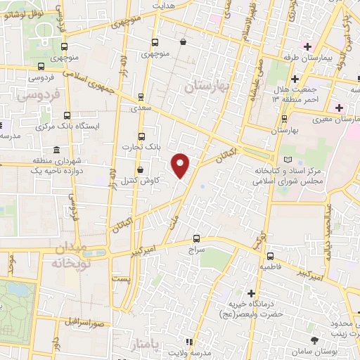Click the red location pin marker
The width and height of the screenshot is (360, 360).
click(181, 165)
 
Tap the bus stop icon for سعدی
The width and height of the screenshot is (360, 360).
click(141, 98)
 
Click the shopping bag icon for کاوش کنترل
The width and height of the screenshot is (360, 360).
click(140, 170)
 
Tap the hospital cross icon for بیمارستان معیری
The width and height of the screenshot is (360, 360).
click(340, 108)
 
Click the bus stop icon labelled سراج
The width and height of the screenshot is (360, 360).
click(196, 238)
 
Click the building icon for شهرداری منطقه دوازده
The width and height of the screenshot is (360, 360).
click(56, 151)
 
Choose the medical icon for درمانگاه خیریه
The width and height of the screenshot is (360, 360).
click(252, 292)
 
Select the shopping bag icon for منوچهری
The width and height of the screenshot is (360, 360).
click(183, 42)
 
